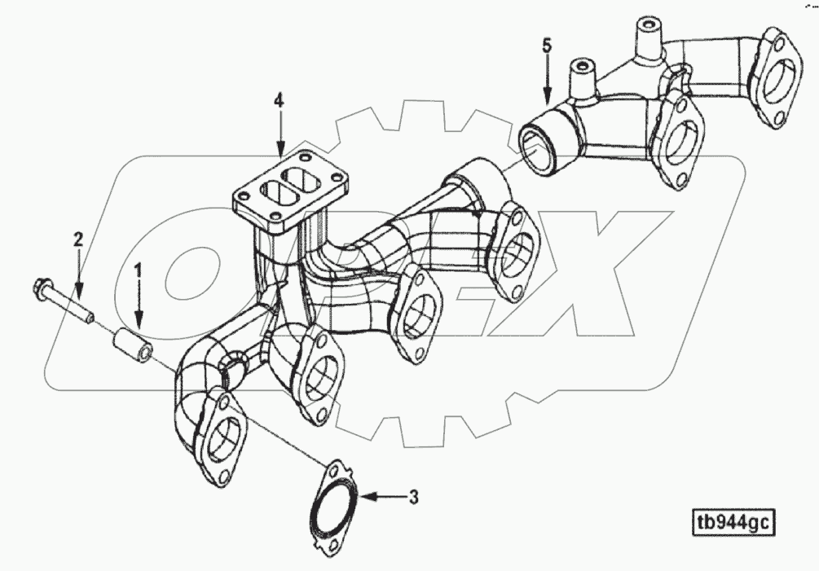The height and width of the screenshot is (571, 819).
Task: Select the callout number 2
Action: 78,239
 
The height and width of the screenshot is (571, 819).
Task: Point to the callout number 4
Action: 280,100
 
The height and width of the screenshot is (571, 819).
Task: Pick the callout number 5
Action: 548,44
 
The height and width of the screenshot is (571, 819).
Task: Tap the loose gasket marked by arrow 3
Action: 332,508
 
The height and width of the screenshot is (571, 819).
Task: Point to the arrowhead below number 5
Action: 548,96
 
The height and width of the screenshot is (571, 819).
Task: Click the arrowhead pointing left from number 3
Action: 367,495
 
